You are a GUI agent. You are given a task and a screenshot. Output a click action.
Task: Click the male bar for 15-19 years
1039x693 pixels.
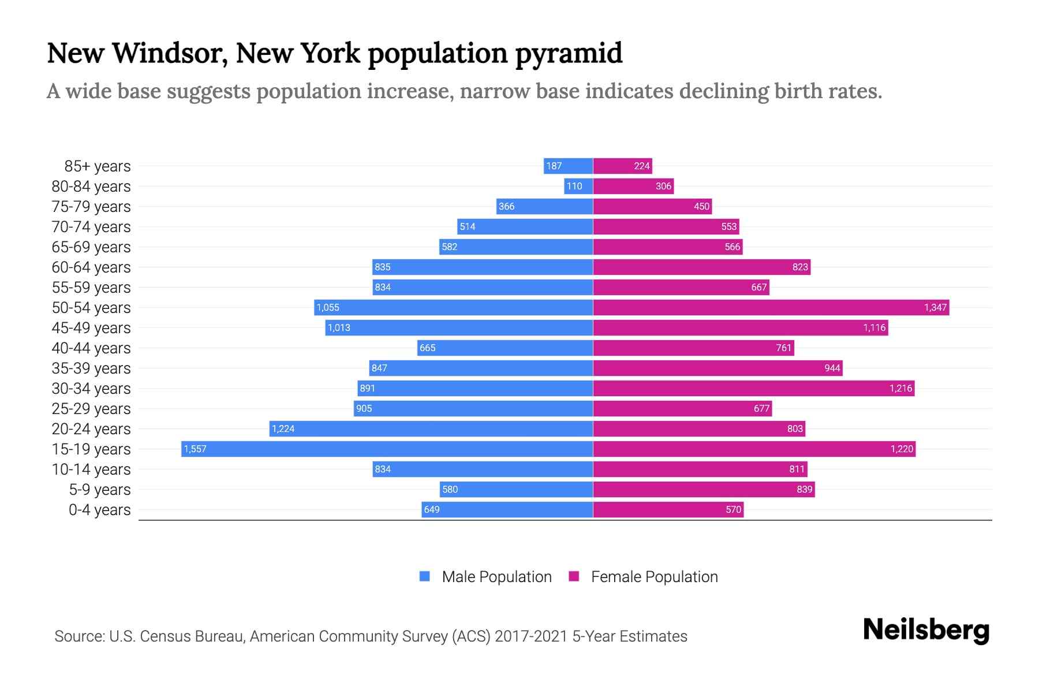(x=387, y=449)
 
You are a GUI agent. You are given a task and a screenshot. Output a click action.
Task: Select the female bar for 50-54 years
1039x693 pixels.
(x=771, y=307)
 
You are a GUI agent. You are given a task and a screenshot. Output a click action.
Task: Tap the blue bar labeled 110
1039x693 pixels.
(x=578, y=186)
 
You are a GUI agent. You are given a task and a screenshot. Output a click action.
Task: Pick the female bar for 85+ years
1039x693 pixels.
(x=622, y=166)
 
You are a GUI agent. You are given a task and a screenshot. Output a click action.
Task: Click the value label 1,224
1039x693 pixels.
(x=283, y=429)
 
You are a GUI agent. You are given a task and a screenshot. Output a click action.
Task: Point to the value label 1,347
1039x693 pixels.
(x=935, y=307)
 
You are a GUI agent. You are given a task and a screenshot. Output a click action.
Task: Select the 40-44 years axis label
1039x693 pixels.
(x=91, y=348)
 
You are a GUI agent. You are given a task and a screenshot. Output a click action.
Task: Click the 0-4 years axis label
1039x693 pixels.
(x=99, y=509)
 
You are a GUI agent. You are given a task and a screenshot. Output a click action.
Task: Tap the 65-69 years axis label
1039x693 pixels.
(x=91, y=247)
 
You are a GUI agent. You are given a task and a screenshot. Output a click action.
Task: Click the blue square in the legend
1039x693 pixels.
(x=425, y=576)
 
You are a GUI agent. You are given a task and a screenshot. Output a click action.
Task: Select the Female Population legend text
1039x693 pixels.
(x=654, y=576)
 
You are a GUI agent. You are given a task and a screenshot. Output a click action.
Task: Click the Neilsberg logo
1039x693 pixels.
(x=926, y=630)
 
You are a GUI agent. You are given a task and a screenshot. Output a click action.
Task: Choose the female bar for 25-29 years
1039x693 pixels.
(x=682, y=408)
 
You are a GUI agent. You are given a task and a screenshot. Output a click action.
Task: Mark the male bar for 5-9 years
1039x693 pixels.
(x=516, y=489)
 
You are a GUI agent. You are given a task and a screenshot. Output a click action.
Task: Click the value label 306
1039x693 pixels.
(x=663, y=186)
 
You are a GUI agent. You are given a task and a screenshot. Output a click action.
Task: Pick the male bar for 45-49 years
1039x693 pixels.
(x=459, y=327)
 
